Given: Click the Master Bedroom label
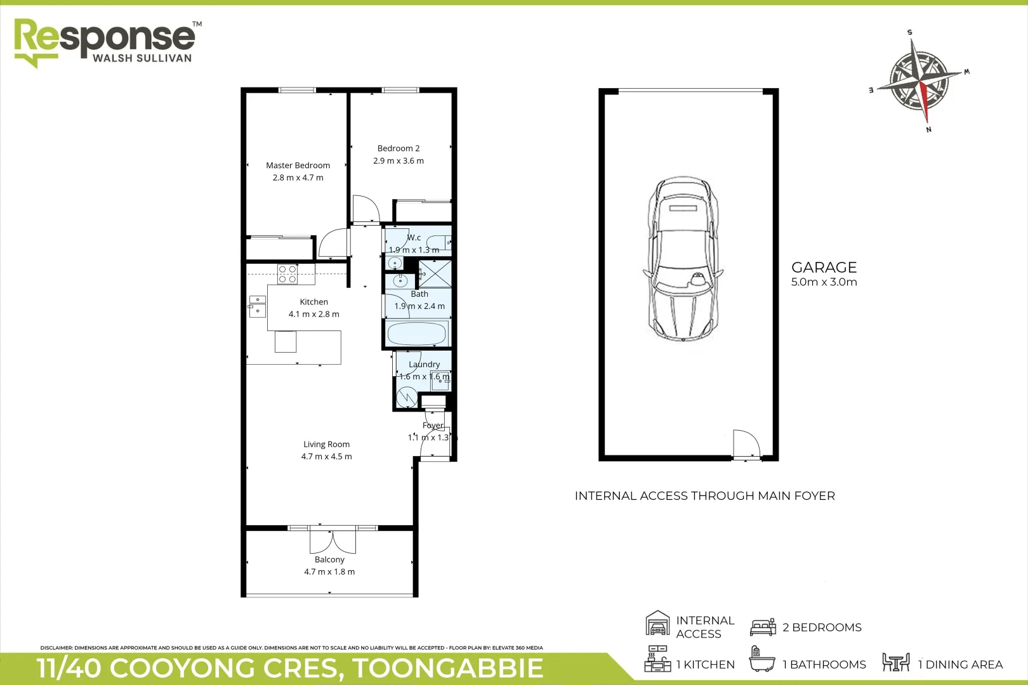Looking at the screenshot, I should pos(298,166).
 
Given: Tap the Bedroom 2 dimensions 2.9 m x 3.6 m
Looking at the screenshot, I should pos(399,161).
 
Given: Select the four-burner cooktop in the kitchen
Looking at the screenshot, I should pos(287,274).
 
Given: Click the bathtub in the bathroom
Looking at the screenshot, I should pos(417,334).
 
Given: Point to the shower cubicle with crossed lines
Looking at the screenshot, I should pos(435,274).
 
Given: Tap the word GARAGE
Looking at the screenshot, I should pos(824,268).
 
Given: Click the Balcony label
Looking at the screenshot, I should pos(329,559).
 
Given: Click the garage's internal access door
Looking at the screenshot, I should pos(746,444).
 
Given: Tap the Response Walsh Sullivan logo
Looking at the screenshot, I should pos(105,42).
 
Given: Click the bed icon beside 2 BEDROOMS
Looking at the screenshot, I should pos(763,627).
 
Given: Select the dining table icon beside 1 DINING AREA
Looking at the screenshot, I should pos(895,663).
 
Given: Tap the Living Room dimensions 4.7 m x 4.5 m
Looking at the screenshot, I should pos(326,457).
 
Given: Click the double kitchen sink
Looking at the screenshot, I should pos(257,306).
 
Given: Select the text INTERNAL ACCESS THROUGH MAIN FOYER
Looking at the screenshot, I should pos(704,496).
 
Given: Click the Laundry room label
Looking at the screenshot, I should pos(424,365).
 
